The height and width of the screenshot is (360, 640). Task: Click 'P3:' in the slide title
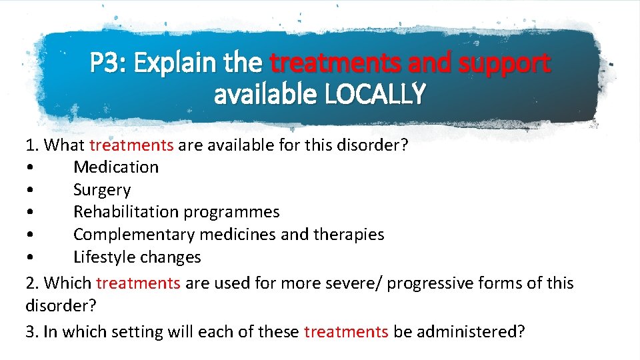(109, 64)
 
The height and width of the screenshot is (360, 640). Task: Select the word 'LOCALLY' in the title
(374, 95)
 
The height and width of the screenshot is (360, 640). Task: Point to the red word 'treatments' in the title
(334, 64)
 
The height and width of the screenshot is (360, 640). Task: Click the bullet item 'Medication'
(116, 167)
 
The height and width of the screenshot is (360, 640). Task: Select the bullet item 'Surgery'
(102, 190)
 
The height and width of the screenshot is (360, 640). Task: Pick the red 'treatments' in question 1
(131, 145)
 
